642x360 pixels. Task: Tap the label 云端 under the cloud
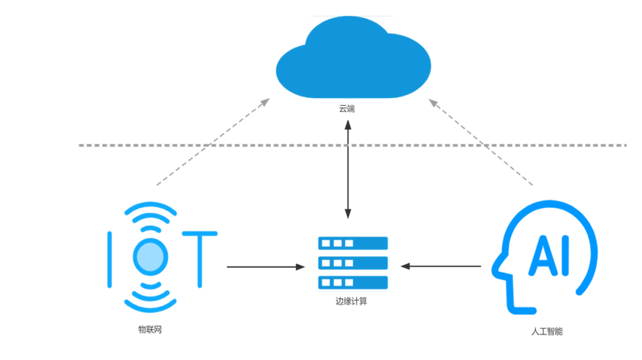[347, 109]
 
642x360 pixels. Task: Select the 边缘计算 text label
[352, 302]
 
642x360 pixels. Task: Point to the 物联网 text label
[150, 329]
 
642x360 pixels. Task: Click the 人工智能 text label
[547, 331]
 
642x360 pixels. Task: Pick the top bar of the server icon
[353, 243]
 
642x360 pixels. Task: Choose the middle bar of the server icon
[353, 263]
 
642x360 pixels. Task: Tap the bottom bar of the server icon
[353, 282]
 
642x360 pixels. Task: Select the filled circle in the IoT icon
[151, 257]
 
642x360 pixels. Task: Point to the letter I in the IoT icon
[110, 259]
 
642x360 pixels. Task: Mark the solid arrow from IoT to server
[266, 266]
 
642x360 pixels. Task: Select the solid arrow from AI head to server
[441, 266]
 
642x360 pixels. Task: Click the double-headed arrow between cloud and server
[347, 169]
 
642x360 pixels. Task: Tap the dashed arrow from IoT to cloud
[213, 142]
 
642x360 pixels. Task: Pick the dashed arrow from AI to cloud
[481, 142]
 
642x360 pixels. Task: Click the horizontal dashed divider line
[352, 145]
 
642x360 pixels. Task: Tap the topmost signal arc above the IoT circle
[151, 207]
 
